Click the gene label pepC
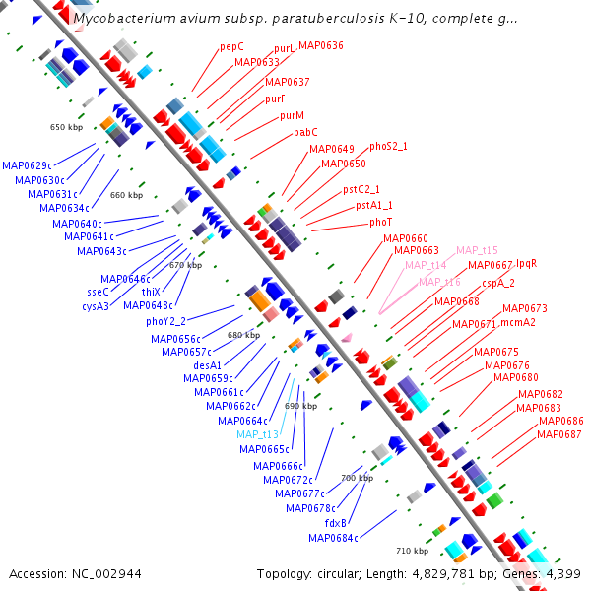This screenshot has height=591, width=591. tap(231, 46)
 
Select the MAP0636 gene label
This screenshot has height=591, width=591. tap(320, 45)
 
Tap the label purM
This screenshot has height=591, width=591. tap(292, 115)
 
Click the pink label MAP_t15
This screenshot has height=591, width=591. tap(477, 250)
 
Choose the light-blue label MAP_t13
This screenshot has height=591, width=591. tap(258, 434)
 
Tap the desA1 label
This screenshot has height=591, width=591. tap(208, 364)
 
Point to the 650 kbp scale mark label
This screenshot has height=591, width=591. tap(68, 127)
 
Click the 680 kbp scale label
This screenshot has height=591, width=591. tap(243, 335)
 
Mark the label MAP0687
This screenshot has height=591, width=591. tap(559, 434)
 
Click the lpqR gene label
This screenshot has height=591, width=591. tap(527, 264)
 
